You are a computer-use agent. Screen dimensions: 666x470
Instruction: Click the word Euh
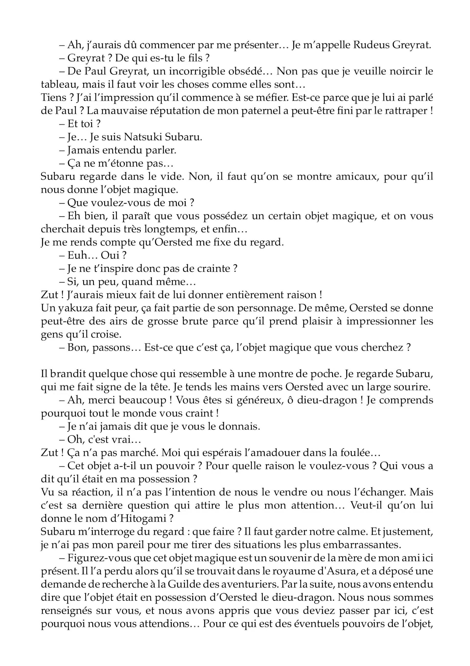77,255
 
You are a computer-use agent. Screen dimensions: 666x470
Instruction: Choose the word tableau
59,85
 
